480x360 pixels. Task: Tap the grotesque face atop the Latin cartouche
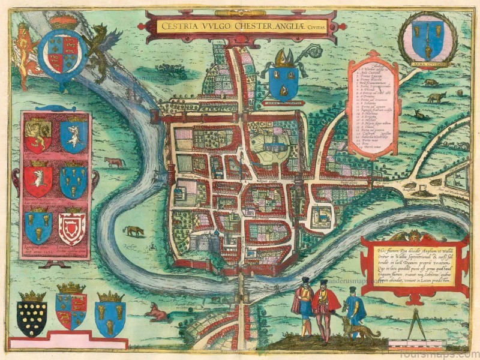414,236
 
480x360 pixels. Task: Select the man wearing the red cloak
325,309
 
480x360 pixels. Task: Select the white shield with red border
72,225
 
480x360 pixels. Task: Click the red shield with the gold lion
38,135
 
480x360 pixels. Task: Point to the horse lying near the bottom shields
157,312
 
